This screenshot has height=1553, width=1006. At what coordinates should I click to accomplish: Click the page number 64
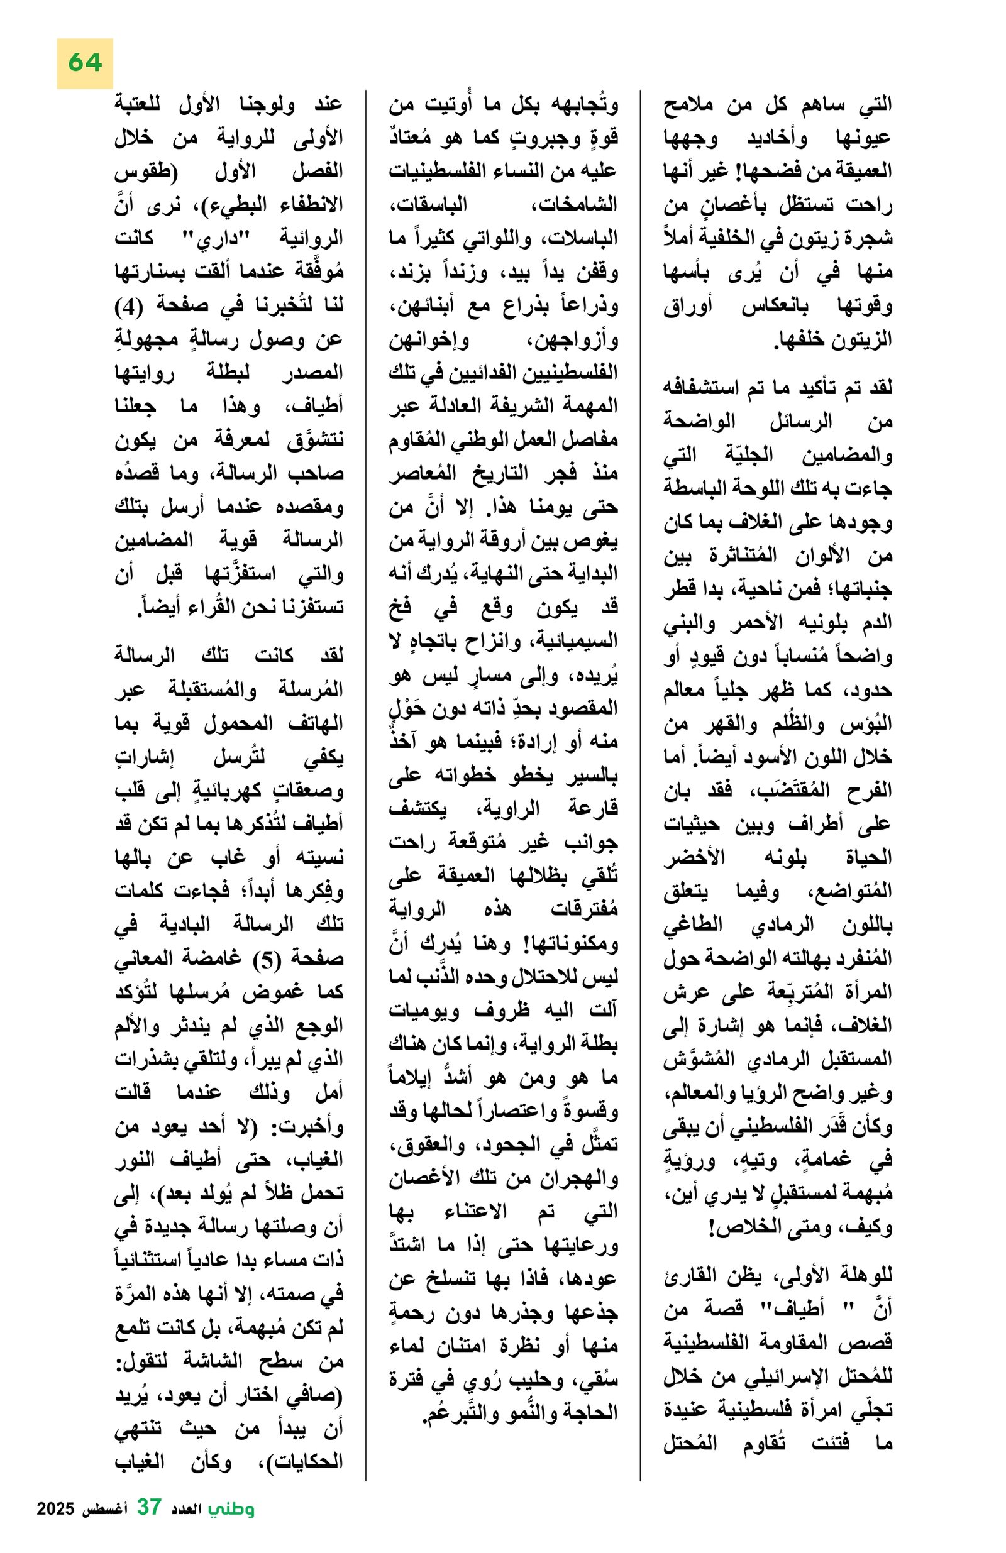pyautogui.click(x=85, y=63)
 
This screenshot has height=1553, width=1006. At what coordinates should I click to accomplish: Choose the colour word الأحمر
pyautogui.click(x=758, y=623)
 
